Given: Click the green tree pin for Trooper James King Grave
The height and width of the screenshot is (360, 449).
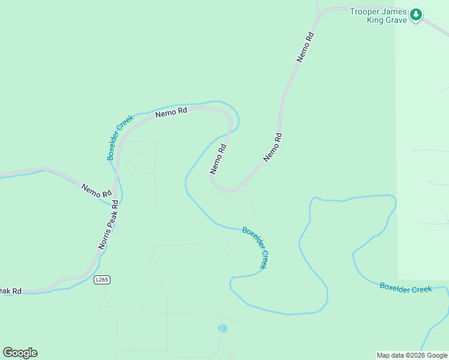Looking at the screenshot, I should tap(416, 15).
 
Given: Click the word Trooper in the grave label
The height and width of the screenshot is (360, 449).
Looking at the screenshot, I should tap(367, 11).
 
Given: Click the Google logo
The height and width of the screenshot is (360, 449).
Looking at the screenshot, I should tap(20, 353).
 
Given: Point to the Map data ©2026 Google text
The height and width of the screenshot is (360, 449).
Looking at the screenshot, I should tap(412, 355).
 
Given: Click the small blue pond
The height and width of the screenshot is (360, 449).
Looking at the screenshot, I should tap(223, 328).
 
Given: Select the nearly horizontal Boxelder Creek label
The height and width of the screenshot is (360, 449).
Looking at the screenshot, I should tap(405, 288).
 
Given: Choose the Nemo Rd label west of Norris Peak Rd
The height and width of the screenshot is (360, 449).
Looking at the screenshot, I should tap(96, 190).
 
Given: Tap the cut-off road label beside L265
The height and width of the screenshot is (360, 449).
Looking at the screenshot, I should tap(11, 291).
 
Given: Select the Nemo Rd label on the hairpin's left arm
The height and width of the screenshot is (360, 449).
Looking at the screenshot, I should tap(218, 159).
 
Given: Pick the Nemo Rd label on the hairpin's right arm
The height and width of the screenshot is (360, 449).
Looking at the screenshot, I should tap(272, 148).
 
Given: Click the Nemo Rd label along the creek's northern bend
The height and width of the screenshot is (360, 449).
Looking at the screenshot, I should tap(171, 112).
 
